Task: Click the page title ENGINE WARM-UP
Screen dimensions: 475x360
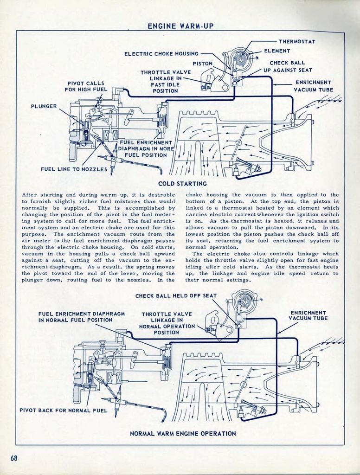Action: [180, 26]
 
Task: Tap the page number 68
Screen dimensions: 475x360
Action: [14, 458]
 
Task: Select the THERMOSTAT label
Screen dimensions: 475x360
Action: [297, 42]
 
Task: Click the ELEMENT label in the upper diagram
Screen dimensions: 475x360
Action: [277, 51]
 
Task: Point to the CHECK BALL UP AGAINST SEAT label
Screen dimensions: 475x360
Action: [288, 66]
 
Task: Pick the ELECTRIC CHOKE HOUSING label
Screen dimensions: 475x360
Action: [161, 54]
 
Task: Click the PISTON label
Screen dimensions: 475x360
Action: [203, 64]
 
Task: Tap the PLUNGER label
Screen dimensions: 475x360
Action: [44, 106]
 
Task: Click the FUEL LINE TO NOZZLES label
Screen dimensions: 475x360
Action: [74, 169]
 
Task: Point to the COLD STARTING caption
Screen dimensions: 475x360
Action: [182, 184]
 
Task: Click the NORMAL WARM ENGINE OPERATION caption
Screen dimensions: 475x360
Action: [183, 433]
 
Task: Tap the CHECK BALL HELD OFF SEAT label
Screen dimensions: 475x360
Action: [176, 296]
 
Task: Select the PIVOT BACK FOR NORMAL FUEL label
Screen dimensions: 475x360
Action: [63, 410]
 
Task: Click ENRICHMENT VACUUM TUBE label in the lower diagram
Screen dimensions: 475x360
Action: [308, 315]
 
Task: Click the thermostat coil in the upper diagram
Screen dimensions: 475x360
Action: [240, 59]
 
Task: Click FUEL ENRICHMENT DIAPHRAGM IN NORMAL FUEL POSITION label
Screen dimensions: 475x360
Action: [81, 317]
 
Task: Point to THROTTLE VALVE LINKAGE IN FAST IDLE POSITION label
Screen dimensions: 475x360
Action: [159, 81]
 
